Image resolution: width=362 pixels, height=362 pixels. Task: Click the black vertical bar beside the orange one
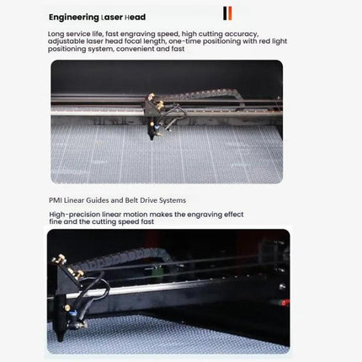pos(223,13)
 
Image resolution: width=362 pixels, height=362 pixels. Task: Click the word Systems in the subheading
pos(169,200)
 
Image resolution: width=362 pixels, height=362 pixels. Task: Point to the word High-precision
pos(72,214)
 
